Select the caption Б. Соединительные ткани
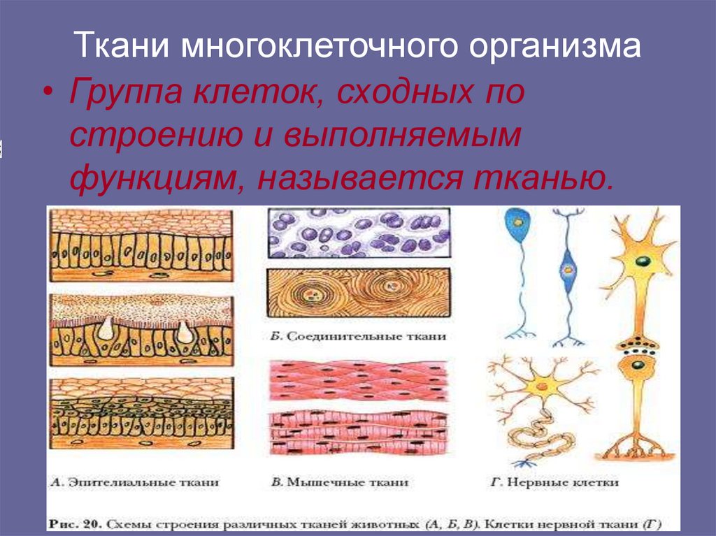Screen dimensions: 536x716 click(357, 336)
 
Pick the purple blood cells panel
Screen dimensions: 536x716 click(359, 233)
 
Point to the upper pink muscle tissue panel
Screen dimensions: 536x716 click(359, 381)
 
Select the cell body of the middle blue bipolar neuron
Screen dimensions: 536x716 click(566, 267)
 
